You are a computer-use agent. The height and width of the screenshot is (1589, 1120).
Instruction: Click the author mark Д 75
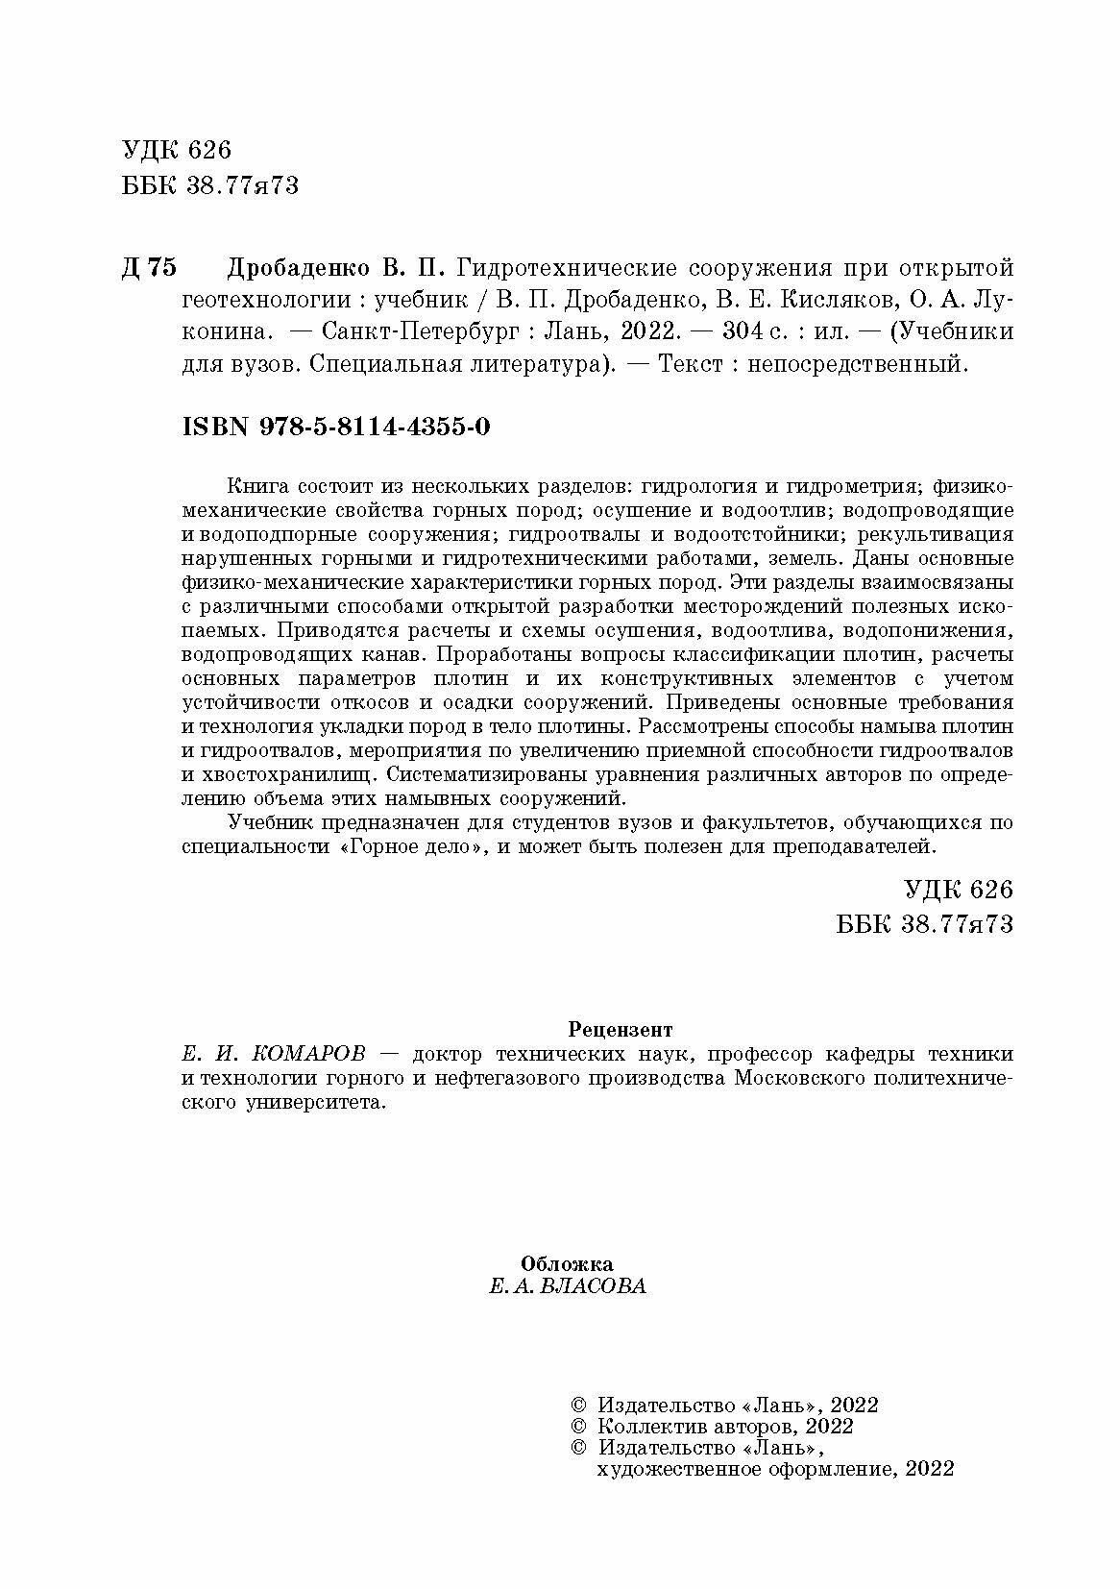150,266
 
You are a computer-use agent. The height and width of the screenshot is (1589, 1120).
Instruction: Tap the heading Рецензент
621,1030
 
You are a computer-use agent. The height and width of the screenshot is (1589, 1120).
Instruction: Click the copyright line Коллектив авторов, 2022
725,1427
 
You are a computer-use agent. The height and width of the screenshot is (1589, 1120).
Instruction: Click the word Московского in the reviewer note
801,1079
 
